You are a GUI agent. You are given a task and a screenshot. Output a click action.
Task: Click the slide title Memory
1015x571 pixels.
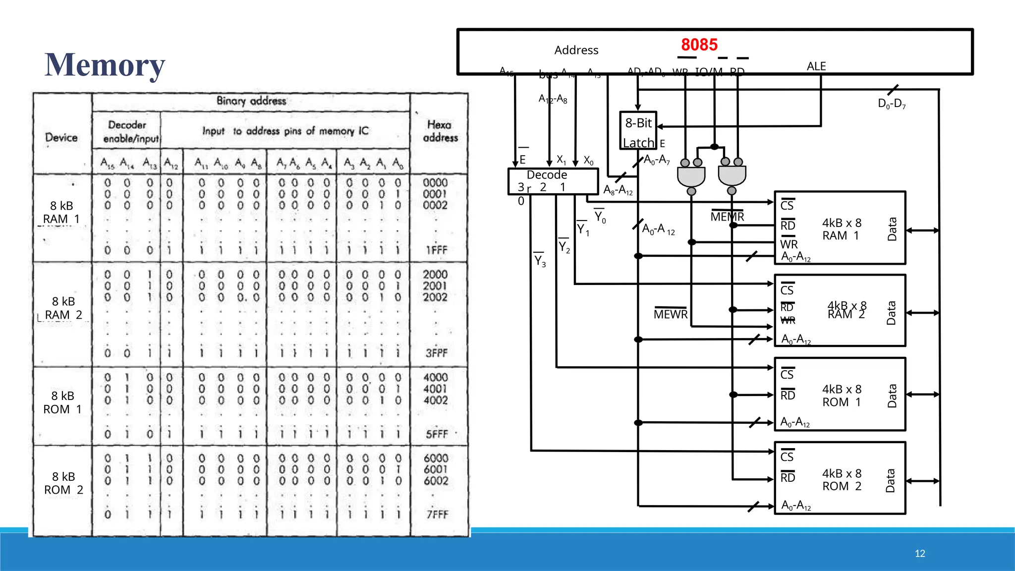pos(105,65)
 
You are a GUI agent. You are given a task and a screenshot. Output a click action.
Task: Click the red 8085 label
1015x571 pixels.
pos(699,45)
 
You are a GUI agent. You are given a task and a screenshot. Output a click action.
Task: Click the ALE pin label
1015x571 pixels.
pos(816,66)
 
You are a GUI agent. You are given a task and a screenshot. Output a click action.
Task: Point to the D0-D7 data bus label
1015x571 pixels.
pos(891,104)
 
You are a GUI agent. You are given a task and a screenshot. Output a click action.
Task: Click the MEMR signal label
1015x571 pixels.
pos(727,217)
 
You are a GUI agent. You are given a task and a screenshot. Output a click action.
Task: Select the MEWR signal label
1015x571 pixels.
pos(670,314)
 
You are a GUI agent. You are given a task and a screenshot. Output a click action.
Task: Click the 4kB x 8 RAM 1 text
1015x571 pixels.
pos(842,229)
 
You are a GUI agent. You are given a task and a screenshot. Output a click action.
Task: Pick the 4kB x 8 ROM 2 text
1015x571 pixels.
pos(842,480)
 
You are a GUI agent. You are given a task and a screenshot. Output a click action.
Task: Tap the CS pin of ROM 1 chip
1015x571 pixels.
pos(787,374)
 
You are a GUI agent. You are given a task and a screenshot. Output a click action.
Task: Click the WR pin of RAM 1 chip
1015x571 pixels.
pos(789,244)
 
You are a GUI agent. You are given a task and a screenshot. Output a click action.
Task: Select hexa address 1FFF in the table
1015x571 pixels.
pos(436,250)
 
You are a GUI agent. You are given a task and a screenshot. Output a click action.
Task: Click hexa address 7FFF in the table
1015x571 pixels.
pos(437,514)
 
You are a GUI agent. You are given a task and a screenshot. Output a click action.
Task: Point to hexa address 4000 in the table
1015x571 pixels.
pos(435,378)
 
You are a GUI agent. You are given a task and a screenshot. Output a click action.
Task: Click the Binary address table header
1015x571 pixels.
pos(251,101)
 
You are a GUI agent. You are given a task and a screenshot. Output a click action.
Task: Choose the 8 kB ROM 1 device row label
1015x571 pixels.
pos(62,402)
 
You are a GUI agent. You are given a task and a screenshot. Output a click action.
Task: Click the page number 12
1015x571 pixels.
pos(919,554)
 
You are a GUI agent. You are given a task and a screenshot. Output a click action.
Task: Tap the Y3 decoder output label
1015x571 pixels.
pos(539,261)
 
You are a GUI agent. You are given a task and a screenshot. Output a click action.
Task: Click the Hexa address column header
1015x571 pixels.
pos(440,131)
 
